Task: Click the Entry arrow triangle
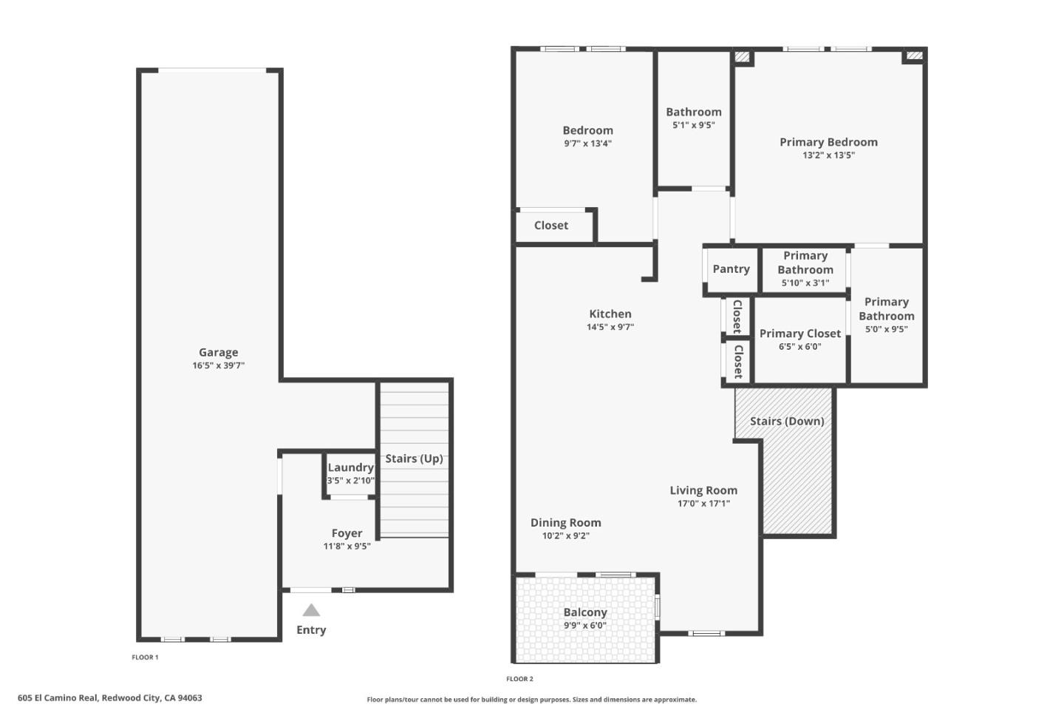coord(311,610)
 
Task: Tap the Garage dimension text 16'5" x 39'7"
coord(218,365)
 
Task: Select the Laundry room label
coord(350,467)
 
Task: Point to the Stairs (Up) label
coord(414,459)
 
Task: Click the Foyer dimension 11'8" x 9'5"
coord(347,547)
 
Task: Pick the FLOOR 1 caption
coord(145,657)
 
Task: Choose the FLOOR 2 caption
coord(519,679)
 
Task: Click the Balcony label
coord(585,612)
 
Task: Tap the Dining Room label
coord(565,523)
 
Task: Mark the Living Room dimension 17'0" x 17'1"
coord(703,504)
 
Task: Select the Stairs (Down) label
coord(786,422)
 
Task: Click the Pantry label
coord(731,269)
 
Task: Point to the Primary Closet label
coord(799,334)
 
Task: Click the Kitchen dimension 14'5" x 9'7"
coord(610,327)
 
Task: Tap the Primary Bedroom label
coord(828,142)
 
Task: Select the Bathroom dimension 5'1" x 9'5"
coord(693,126)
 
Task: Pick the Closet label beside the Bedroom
coord(551,226)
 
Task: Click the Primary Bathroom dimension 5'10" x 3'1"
coord(805,283)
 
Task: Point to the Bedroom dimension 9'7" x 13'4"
coord(587,143)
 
